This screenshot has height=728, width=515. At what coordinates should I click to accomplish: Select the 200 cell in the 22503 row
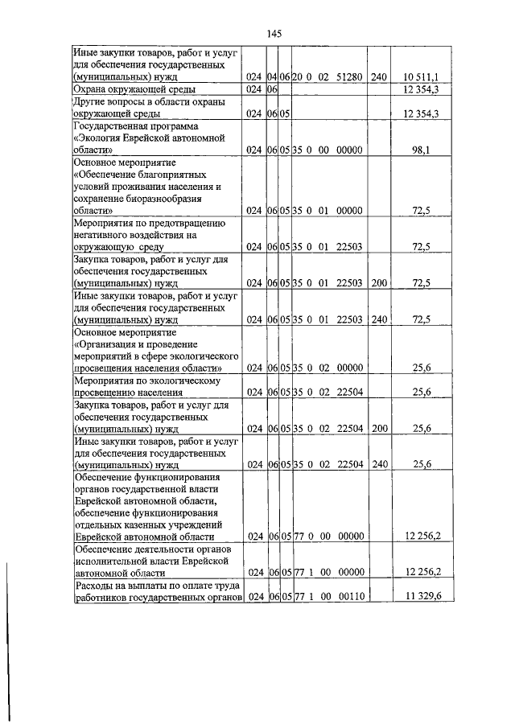coord(380,283)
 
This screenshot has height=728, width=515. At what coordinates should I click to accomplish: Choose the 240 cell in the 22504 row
coord(380,464)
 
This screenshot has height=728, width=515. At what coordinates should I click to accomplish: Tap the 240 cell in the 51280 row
coord(380,77)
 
